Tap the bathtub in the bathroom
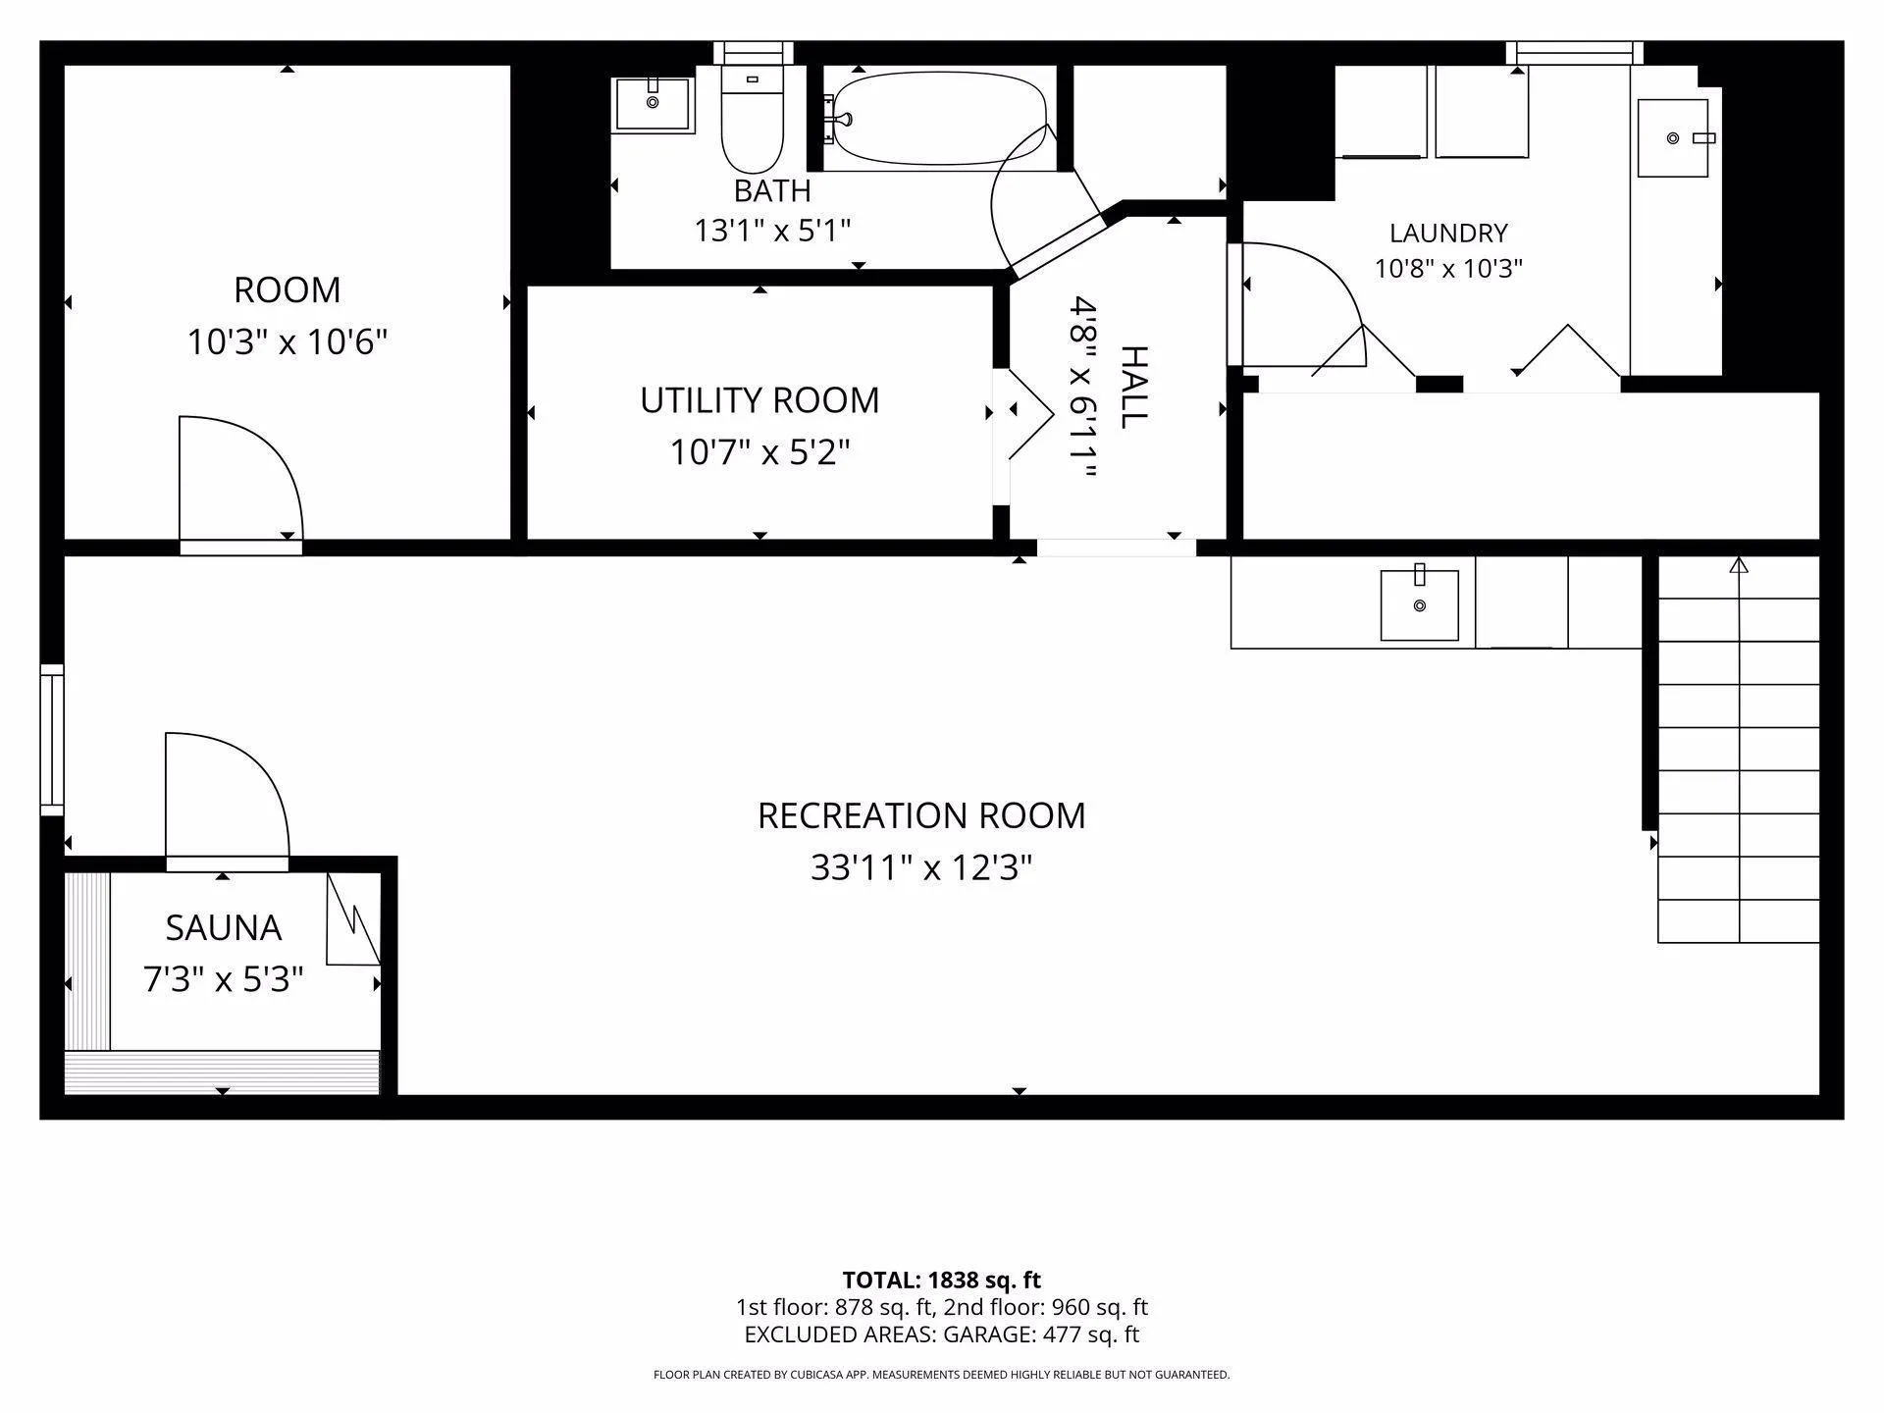(939, 119)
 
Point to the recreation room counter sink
(1419, 603)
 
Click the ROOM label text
(287, 290)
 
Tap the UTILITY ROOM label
(759, 400)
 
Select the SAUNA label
(223, 927)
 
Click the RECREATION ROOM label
(921, 815)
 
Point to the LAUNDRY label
(1448, 233)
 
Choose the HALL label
(1134, 387)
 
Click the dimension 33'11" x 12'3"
(921, 867)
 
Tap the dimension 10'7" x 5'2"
(759, 452)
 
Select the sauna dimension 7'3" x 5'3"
(223, 979)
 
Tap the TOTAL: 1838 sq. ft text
(941, 1280)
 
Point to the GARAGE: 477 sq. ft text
(1041, 1334)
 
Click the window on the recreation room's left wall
(52, 740)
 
